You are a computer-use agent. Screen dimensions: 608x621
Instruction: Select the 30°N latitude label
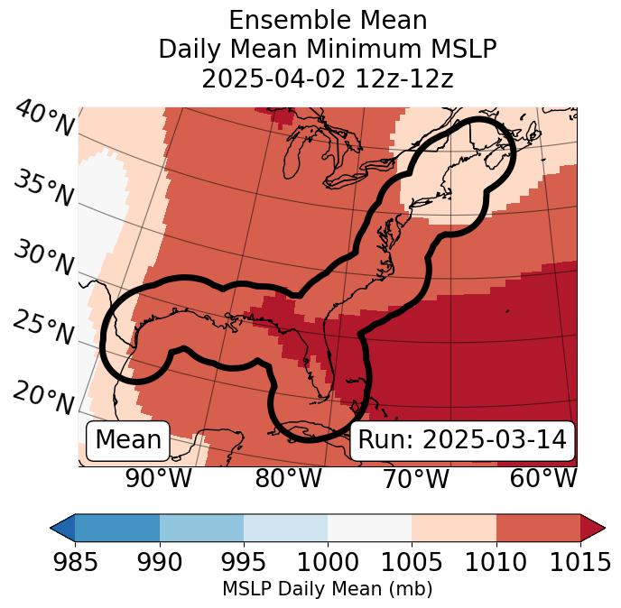43,260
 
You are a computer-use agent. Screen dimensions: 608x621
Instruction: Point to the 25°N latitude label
43,329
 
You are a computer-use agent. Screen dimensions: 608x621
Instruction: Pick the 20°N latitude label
43,398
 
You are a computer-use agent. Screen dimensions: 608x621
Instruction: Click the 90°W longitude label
158,479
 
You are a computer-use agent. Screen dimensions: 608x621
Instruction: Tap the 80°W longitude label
288,479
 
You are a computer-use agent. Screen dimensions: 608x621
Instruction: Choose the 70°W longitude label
415,479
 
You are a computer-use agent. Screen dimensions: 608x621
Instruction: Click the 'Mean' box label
128,440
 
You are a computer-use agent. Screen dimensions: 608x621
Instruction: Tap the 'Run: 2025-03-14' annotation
462,440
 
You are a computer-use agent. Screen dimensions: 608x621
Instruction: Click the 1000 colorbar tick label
328,563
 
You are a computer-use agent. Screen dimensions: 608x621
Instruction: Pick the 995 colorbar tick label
244,563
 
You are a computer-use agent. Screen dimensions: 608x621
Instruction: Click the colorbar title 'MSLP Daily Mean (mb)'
327,590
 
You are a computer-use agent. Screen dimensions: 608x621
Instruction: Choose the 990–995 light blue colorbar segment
201,527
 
